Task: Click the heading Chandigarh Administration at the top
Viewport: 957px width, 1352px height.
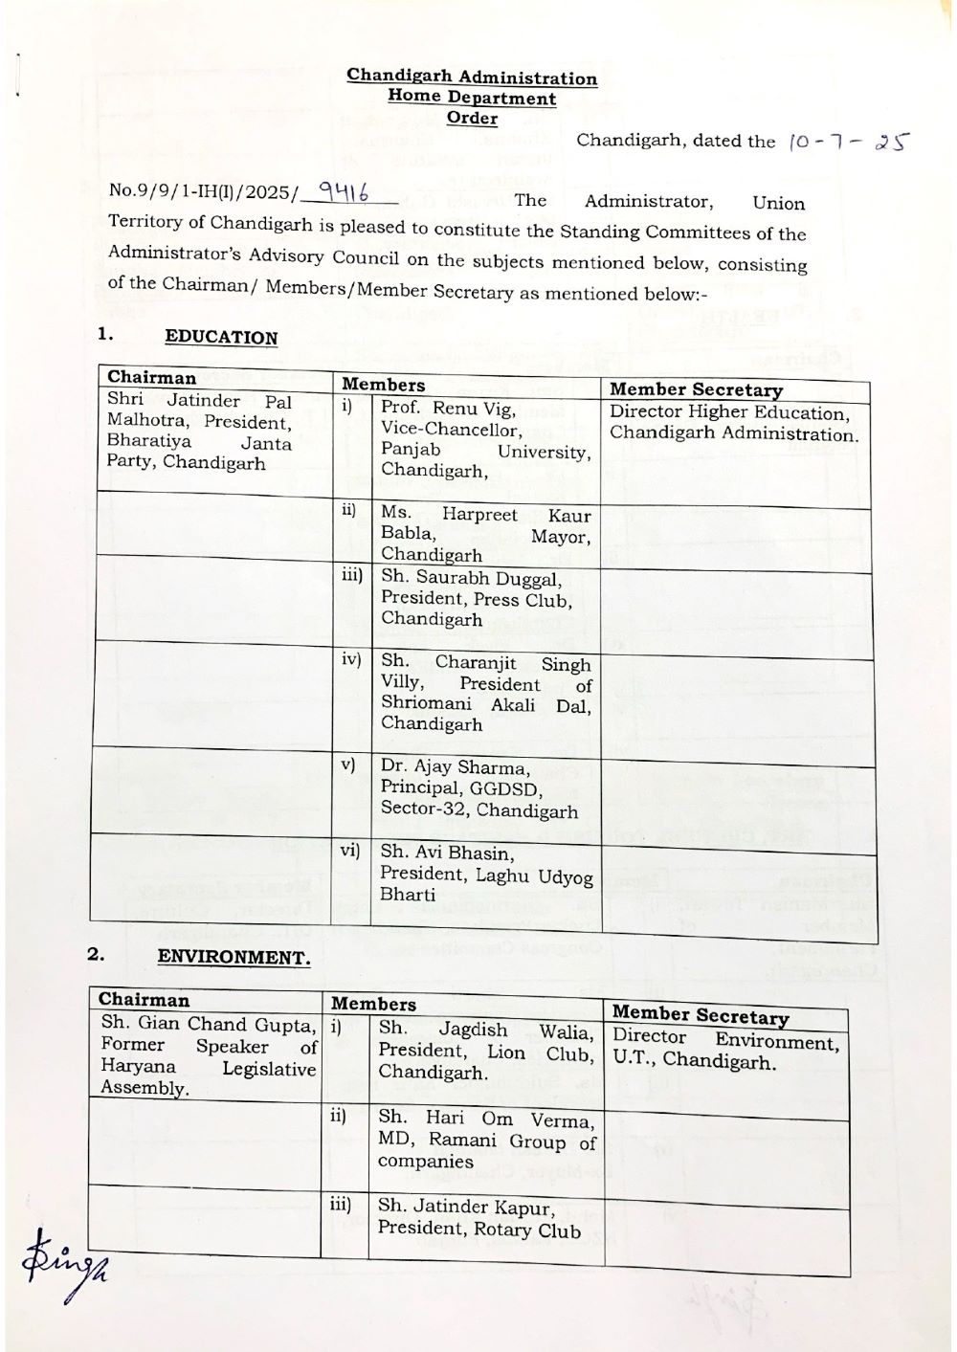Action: [472, 78]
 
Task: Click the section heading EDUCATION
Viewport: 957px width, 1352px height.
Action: [221, 337]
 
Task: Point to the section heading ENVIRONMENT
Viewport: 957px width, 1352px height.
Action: [234, 957]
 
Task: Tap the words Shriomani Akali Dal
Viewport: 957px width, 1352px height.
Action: [485, 704]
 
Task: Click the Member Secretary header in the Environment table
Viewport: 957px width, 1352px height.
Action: [701, 1015]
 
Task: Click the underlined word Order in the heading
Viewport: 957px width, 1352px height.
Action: [472, 118]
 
